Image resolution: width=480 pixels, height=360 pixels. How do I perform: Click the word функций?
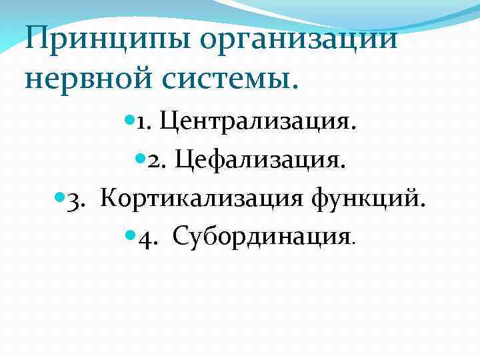pyautogui.click(x=376, y=198)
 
